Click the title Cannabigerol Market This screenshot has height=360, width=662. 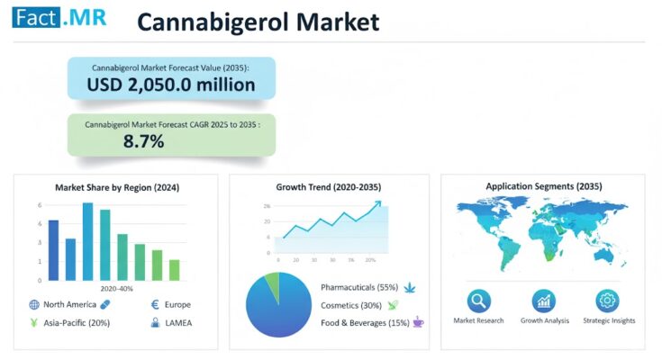tap(258, 22)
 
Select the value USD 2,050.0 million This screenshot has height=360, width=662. tap(170, 85)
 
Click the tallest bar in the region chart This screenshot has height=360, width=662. tap(87, 241)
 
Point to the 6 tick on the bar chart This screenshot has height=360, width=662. tap(40, 205)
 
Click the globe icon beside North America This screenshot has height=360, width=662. tap(34, 305)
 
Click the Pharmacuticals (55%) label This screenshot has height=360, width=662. tap(358, 287)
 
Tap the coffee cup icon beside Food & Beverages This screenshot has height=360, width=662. tap(418, 321)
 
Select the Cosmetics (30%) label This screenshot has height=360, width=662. tap(350, 304)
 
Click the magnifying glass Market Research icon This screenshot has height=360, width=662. tap(478, 301)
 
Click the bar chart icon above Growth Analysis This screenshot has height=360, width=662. tap(544, 301)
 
